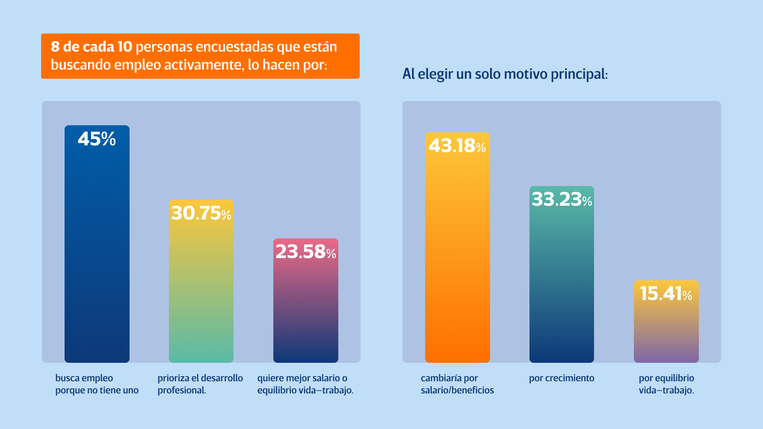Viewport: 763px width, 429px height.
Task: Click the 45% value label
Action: point(97,139)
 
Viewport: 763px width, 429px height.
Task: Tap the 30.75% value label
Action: point(201,213)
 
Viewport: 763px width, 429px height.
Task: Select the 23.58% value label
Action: point(306,252)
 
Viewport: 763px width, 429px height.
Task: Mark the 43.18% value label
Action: point(457,146)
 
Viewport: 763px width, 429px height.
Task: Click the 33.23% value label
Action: point(562,199)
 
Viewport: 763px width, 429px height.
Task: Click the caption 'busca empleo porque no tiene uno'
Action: point(97,384)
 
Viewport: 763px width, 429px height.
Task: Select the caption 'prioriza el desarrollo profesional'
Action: point(200,384)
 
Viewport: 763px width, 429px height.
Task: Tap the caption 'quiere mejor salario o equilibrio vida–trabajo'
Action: point(305,384)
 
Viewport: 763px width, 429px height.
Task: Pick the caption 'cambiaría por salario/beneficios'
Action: point(457,384)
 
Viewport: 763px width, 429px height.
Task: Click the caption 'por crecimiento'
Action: point(561,378)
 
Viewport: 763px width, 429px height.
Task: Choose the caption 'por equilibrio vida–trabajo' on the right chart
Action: point(666,384)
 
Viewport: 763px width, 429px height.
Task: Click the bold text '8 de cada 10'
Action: point(91,47)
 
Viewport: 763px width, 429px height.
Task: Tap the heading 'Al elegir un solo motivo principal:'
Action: point(505,74)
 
